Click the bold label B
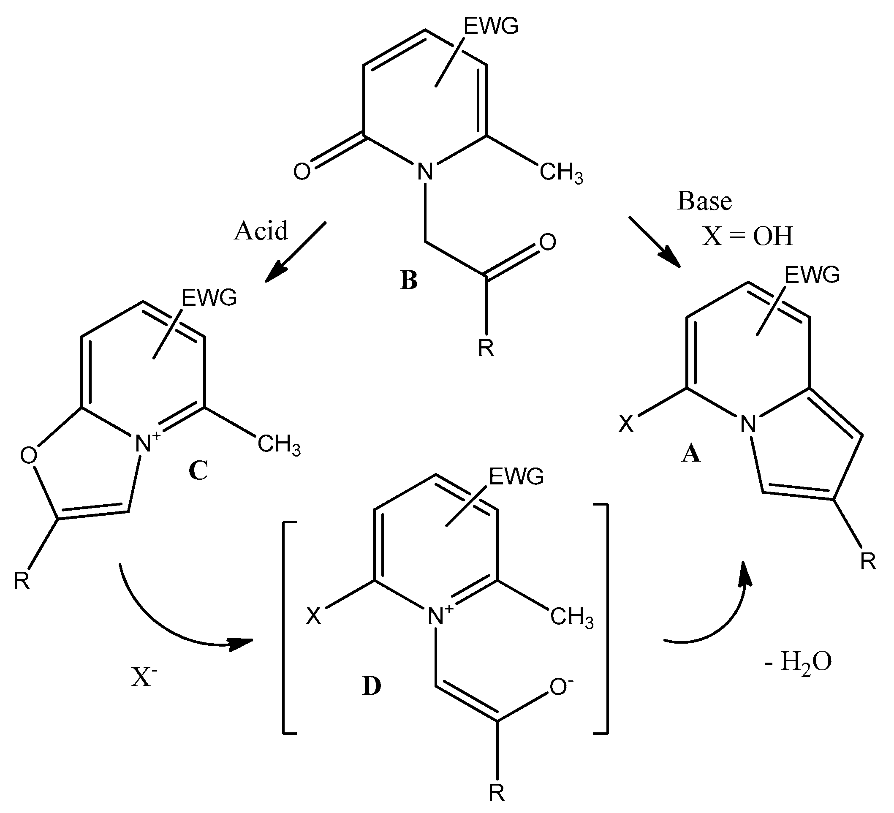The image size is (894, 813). coord(408,280)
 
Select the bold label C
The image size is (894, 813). coord(198,471)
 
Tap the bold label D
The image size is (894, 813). coord(371,686)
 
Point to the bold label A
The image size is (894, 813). coord(690,454)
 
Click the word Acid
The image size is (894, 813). coord(261,231)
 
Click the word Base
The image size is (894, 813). coord(705,201)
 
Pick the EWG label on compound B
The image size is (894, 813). coord(491,27)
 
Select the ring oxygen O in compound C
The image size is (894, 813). coord(29,456)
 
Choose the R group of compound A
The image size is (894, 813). coord(868,562)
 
